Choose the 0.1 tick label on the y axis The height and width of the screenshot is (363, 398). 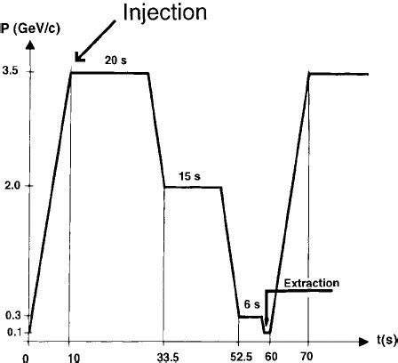pos(12,333)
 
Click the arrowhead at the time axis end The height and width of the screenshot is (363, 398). pos(363,340)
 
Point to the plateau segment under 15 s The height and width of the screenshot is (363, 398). pos(192,187)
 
